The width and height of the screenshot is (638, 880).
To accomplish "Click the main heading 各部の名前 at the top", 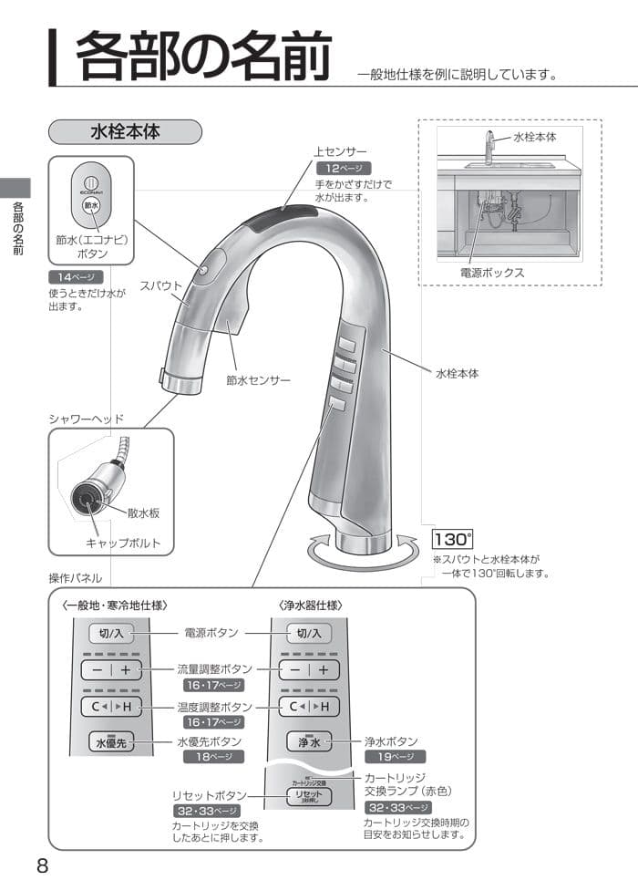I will [202, 57].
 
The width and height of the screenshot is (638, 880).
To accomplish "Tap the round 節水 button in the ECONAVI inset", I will [90, 206].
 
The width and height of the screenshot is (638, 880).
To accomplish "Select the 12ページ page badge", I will [340, 169].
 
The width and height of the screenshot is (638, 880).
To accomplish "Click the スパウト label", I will [161, 285].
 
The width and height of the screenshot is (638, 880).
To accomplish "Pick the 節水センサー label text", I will [258, 378].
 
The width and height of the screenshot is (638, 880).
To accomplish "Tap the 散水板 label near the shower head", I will [143, 513].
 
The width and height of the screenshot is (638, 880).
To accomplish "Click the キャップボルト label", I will [123, 543].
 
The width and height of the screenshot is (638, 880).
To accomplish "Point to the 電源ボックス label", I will [492, 272].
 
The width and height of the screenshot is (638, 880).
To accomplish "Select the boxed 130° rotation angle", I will [452, 540].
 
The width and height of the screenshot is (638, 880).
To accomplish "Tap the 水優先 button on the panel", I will [111, 742].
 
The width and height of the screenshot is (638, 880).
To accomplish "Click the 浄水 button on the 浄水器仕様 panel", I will [309, 742].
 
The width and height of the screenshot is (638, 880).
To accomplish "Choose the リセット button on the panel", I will [309, 796].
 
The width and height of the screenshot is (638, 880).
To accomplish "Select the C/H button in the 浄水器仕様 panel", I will [309, 707].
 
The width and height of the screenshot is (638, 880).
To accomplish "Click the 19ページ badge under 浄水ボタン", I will [395, 757].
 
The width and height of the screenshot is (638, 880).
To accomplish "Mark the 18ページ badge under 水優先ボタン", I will [213, 757].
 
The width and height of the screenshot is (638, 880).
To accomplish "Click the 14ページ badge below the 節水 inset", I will [76, 277].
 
